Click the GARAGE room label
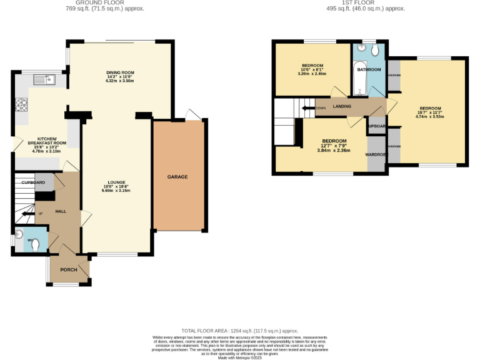[x=177, y=177]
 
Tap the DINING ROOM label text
[x=120, y=73]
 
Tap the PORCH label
[x=68, y=270]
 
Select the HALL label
[x=61, y=212]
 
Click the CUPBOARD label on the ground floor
[x=34, y=182]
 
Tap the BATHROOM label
[x=369, y=70]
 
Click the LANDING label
[x=342, y=106]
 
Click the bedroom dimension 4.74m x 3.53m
[x=430, y=116]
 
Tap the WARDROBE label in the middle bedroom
[x=377, y=154]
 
